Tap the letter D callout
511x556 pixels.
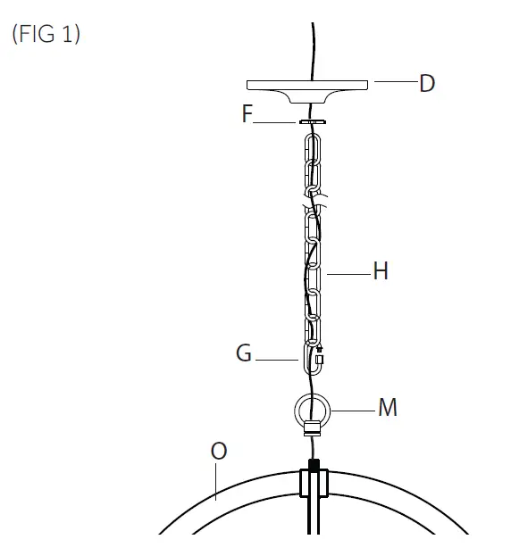(x=427, y=83)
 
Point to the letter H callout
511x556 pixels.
(x=380, y=270)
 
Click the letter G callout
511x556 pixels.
(x=244, y=353)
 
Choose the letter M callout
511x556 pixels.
(x=387, y=408)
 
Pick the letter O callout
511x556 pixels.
(x=218, y=452)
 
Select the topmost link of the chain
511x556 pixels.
(x=313, y=149)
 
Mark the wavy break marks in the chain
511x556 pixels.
(x=314, y=201)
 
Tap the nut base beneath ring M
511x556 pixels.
(x=313, y=428)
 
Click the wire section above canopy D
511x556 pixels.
(x=313, y=49)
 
